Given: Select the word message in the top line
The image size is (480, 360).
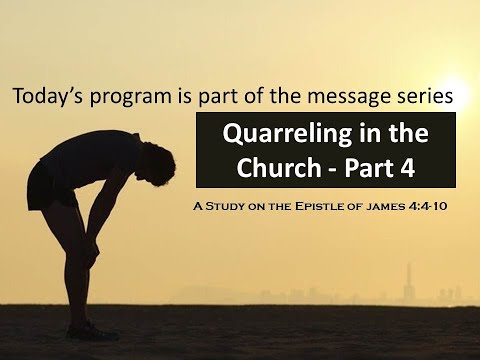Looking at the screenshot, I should (x=355, y=98).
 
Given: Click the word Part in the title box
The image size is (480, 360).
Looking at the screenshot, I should (x=369, y=169).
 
